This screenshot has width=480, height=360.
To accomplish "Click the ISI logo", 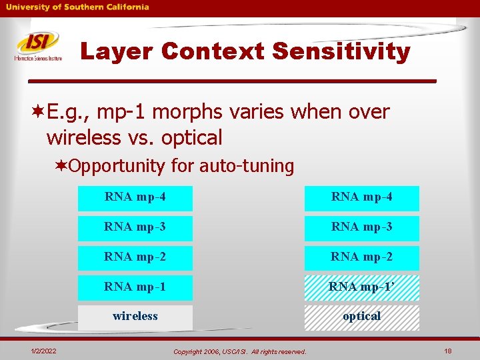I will (38, 46).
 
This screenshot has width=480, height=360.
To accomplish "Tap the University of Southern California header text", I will (77, 7).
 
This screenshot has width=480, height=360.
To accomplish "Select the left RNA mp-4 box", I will (135, 198).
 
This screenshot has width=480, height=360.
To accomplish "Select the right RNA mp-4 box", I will (362, 198).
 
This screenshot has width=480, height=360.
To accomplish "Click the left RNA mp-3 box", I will (135, 228).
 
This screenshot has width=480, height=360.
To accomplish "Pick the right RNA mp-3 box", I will (362, 228).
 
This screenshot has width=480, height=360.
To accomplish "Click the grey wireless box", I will (135, 317).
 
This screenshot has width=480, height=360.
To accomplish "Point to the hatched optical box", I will (362, 317).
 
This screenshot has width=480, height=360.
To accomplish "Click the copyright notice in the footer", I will (240, 351).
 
